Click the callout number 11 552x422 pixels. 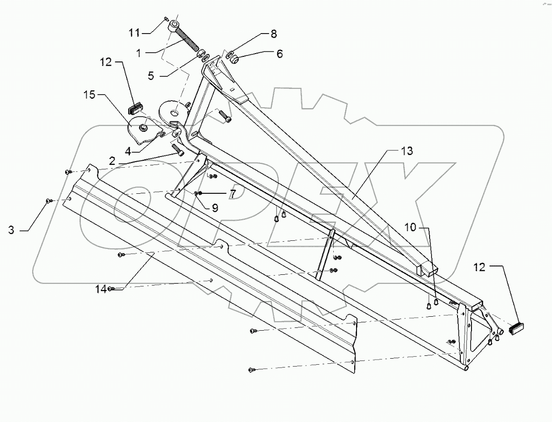[x=134, y=32]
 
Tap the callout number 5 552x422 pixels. [x=151, y=75]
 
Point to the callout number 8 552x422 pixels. [x=273, y=34]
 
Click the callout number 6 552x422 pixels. [x=279, y=54]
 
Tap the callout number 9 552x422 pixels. [x=215, y=208]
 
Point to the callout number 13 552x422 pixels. [x=407, y=151]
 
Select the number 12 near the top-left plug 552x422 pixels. [x=105, y=61]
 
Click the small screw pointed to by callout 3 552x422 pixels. [x=48, y=201]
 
